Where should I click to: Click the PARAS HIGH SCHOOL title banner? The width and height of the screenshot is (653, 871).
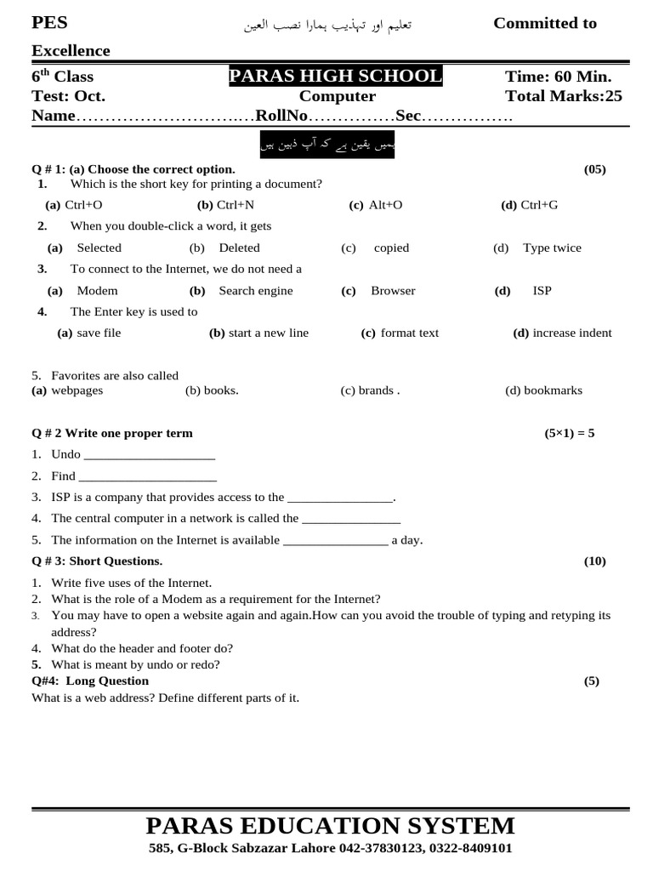[335, 77]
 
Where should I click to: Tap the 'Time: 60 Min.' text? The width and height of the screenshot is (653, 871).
[558, 77]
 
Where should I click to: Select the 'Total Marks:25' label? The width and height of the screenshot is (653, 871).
[563, 96]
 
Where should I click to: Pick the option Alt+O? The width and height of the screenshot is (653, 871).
[385, 205]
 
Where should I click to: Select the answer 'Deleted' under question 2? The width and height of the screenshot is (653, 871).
[239, 248]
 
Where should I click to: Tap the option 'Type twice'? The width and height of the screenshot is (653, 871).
[552, 248]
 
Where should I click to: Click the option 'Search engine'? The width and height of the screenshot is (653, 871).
[255, 290]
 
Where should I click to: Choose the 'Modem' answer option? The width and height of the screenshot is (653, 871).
[96, 290]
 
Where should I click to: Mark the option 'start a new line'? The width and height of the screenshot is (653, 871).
[268, 333]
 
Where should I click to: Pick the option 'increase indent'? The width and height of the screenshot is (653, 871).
[571, 333]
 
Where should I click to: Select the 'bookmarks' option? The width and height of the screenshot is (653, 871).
[553, 390]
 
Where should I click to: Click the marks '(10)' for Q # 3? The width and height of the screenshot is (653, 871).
[594, 561]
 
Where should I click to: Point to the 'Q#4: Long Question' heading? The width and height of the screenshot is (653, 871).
[90, 680]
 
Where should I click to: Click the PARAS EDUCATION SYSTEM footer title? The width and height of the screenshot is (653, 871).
[330, 825]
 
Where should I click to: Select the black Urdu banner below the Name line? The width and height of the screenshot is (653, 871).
[327, 145]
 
